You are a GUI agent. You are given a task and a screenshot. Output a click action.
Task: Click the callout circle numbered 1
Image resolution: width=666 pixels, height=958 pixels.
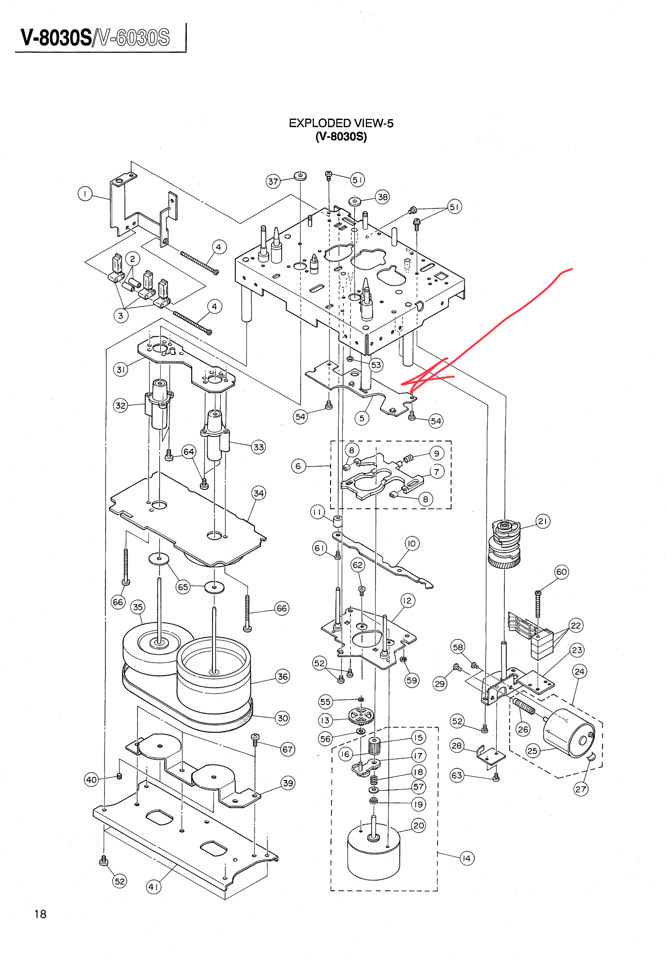coord(85,194)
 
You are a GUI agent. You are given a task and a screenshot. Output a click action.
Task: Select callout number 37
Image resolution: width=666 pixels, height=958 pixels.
coord(273,181)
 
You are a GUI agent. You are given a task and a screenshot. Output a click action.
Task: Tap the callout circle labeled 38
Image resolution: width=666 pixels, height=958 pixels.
coord(382,197)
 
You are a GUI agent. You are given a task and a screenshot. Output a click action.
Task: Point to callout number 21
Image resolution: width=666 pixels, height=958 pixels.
coord(543,521)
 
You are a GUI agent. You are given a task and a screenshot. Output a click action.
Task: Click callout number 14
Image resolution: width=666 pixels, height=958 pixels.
coord(466,858)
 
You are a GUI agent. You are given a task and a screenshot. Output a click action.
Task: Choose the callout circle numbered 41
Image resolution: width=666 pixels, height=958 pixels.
coord(153,886)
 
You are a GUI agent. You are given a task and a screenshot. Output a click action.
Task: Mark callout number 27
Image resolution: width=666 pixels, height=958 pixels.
coord(580,789)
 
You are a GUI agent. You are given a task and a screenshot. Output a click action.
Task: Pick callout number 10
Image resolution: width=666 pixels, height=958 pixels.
coord(411,544)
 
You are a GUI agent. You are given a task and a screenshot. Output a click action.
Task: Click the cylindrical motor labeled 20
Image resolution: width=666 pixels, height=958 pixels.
coord(374,851)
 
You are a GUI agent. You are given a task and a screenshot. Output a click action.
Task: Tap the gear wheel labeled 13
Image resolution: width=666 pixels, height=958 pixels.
coord(361,715)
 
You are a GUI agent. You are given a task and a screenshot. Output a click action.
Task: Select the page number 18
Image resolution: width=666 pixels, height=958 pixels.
coord(40,914)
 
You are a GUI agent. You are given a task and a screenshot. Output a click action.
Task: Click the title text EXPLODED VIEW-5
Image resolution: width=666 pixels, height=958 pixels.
coord(341,123)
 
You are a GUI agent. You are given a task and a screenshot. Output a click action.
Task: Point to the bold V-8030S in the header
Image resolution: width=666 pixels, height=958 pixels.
coord(56,38)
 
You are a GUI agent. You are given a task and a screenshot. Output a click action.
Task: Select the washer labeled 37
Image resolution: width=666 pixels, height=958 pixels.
coord(301,176)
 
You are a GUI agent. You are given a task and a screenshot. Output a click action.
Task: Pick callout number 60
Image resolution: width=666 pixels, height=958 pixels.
coord(561,572)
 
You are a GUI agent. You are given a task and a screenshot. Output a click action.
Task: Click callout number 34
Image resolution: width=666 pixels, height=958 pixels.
coord(258,493)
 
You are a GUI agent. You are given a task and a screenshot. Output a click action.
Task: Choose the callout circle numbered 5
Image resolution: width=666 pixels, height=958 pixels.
coord(362,418)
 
